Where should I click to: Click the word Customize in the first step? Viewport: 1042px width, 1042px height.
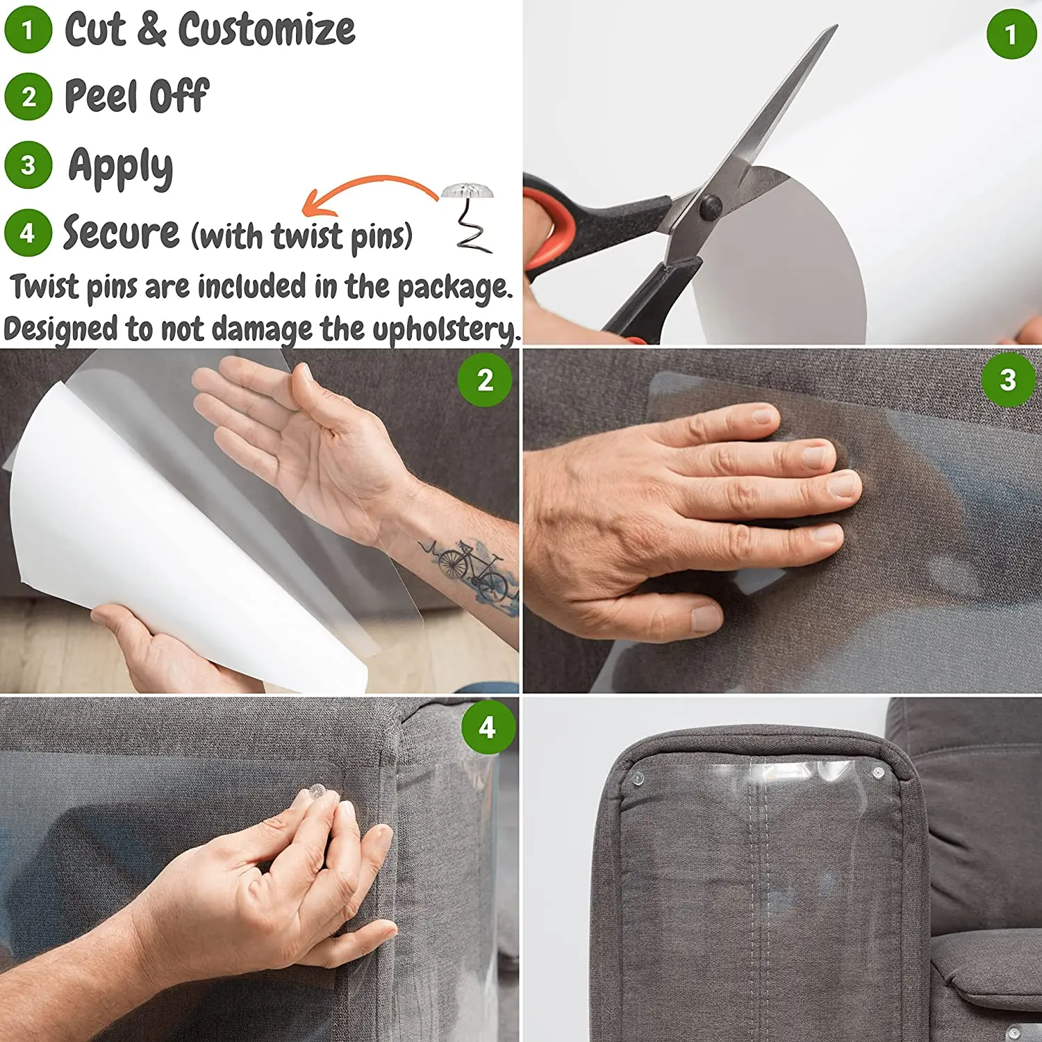267,30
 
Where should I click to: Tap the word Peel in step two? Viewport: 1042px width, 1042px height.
101,95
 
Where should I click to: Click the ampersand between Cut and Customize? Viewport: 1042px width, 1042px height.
152,30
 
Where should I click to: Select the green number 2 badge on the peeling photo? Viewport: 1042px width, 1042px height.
485,380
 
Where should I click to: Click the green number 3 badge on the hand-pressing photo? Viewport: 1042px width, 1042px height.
1008,380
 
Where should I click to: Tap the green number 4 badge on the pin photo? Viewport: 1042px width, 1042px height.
488,727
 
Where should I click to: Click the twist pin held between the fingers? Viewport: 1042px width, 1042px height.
317,791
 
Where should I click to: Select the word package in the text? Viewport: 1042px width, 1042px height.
454,288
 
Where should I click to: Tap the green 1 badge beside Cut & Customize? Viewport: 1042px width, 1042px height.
28,30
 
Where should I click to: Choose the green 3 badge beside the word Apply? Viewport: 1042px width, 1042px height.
28,165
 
